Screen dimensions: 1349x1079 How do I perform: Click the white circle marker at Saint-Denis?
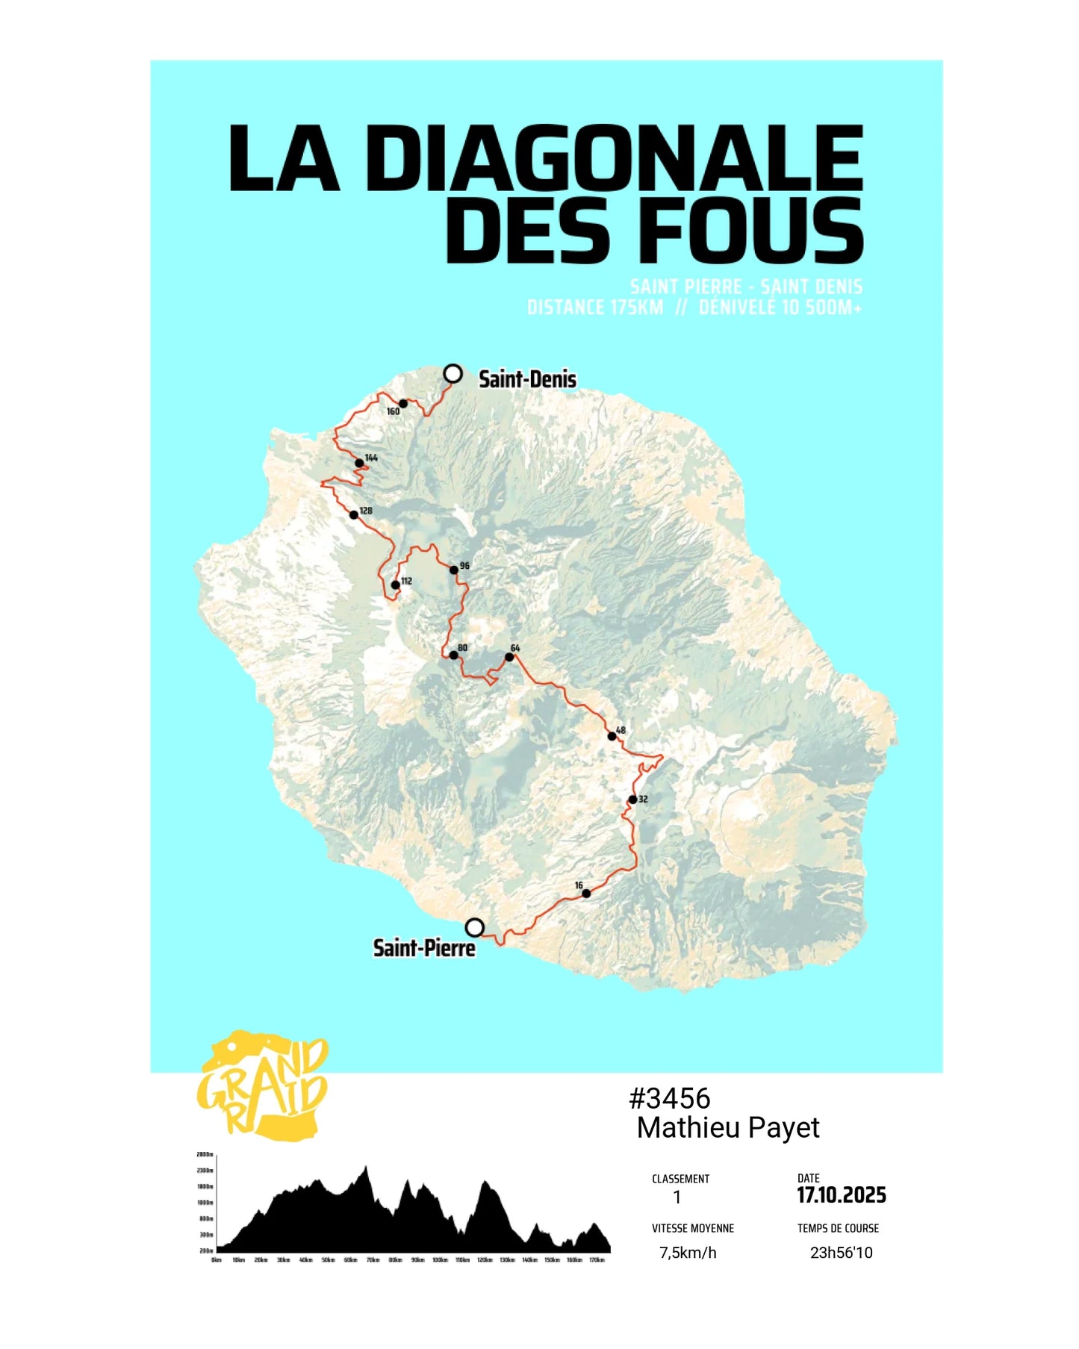coord(453,373)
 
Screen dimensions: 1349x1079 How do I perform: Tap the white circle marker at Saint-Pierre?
coord(474,928)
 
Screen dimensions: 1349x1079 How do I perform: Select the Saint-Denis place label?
coord(527,379)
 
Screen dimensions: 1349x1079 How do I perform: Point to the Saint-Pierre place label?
coord(423,948)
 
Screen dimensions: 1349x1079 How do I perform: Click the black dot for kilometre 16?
coord(586,894)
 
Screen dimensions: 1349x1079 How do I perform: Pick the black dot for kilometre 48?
coord(612,736)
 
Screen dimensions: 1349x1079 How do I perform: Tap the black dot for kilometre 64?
coord(509,658)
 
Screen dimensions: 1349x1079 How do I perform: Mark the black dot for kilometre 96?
coord(453,570)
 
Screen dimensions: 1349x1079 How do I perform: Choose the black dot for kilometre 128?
coord(354,514)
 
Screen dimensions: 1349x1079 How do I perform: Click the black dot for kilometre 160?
coord(403,404)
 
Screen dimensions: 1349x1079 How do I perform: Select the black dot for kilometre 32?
coord(632,800)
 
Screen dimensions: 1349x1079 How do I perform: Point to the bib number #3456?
coord(670,1098)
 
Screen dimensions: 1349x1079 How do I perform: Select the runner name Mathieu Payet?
coord(728,1127)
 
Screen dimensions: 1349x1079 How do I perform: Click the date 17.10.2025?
coord(842,1195)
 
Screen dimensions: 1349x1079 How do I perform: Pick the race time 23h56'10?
coord(841,1253)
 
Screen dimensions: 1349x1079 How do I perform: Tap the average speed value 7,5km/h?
coord(688,1253)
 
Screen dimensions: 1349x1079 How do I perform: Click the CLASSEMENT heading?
coord(680,1179)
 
